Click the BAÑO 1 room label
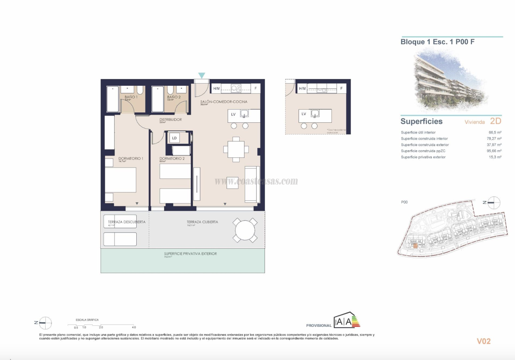131,97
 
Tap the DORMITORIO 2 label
172,158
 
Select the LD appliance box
174,138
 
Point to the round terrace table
245,230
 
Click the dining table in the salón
236,150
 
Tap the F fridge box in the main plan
256,88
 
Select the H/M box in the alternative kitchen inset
302,88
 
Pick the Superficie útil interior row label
418,132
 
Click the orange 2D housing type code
495,121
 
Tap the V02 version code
483,341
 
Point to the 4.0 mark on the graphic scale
134,327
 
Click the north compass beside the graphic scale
45,323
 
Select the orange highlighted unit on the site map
415,246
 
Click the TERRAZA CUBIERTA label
202,222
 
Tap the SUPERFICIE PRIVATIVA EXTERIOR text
190,254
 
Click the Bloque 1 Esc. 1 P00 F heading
437,42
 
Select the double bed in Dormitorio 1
120,180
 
